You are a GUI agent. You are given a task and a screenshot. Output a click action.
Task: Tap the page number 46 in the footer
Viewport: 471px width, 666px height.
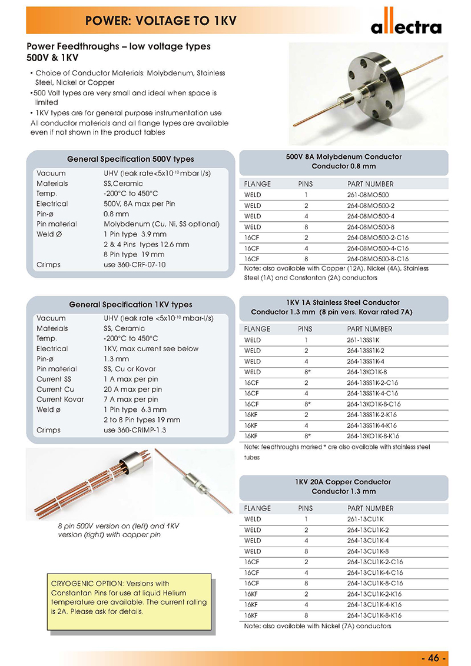pyautogui.click(x=434, y=658)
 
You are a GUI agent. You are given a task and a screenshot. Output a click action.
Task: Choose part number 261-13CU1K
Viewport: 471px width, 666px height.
pyautogui.click(x=366, y=519)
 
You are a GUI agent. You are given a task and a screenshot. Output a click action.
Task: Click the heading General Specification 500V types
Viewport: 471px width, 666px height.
pyautogui.click(x=131, y=159)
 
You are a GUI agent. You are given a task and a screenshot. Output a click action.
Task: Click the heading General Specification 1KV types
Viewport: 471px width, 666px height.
pyautogui.click(x=131, y=305)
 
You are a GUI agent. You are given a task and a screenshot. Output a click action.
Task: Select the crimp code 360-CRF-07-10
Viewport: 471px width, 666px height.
pyautogui.click(x=134, y=265)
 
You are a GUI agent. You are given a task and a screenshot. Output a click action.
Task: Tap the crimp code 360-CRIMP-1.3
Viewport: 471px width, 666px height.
pyautogui.click(x=135, y=430)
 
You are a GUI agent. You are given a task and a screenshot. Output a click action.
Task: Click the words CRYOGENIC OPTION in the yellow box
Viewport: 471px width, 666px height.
pyautogui.click(x=88, y=584)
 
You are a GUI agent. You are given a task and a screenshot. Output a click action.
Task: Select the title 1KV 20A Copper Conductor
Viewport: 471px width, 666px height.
pyautogui.click(x=343, y=482)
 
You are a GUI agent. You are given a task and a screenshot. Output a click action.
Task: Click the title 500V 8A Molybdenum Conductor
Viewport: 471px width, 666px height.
pyautogui.click(x=343, y=157)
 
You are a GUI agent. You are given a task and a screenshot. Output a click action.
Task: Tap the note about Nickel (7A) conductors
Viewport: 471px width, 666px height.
pyautogui.click(x=317, y=625)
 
